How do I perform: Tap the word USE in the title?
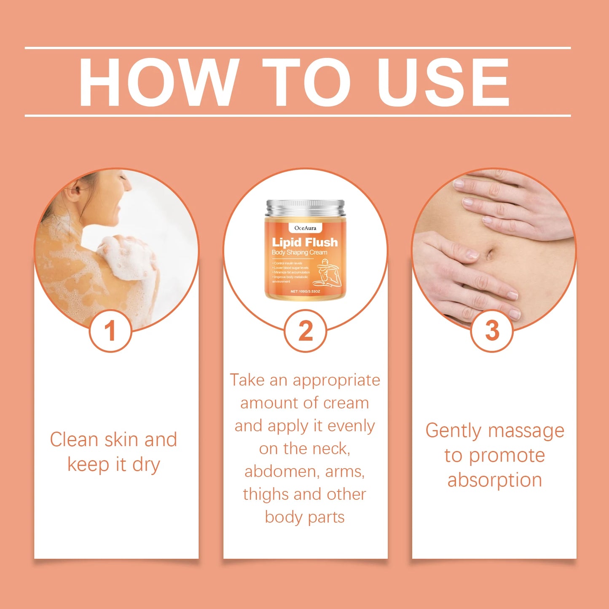[443, 82]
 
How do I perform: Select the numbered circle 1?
[110, 331]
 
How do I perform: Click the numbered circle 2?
[305, 331]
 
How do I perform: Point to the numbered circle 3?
[492, 331]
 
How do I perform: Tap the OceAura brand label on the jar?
[305, 228]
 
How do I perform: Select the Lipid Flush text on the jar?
[305, 242]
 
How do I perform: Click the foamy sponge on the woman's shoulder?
[126, 257]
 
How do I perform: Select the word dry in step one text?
[146, 464]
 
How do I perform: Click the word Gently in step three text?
[453, 431]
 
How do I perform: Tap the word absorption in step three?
[494, 480]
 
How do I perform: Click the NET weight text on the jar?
[305, 291]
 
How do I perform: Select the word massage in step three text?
[526, 431]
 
